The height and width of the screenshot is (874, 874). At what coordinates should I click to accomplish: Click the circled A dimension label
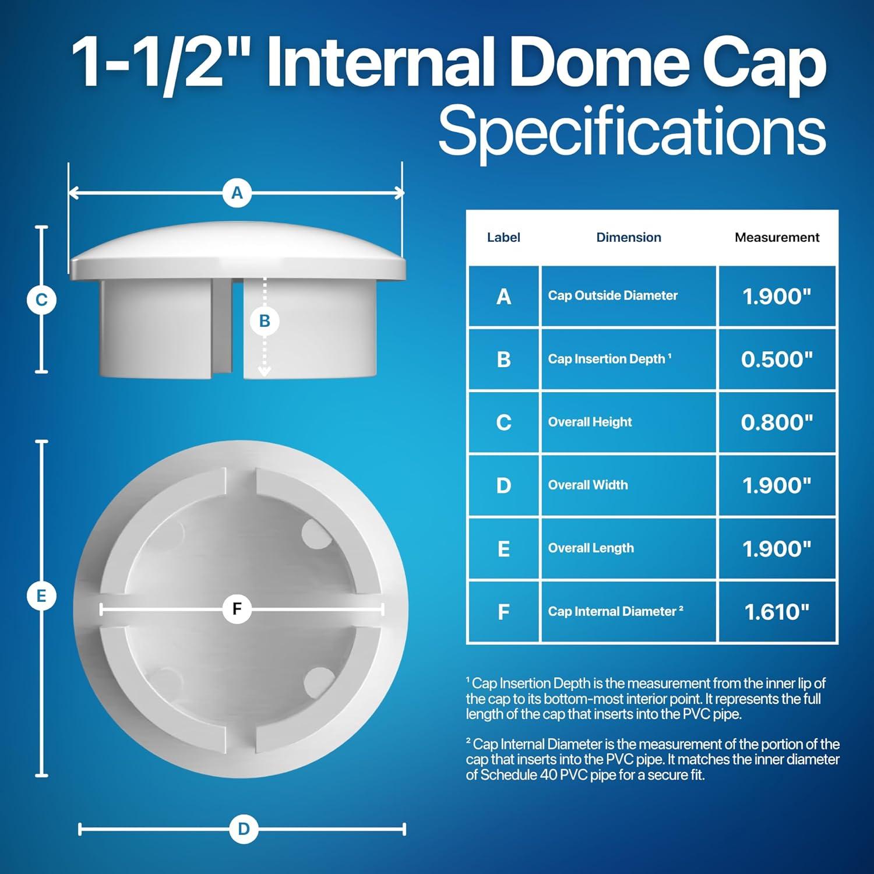pyautogui.click(x=237, y=193)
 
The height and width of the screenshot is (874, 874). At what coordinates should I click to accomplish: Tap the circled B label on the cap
pyautogui.click(x=265, y=321)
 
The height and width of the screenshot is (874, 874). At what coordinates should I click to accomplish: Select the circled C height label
pyautogui.click(x=41, y=300)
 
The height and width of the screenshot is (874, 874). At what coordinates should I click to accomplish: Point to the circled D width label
pyautogui.click(x=244, y=829)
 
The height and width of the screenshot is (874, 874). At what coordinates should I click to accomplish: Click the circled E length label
pyautogui.click(x=41, y=596)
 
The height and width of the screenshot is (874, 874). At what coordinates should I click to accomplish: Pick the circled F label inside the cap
pyautogui.click(x=237, y=609)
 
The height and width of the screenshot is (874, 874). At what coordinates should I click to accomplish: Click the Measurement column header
pyautogui.click(x=777, y=237)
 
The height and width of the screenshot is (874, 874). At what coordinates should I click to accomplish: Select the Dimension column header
pyautogui.click(x=628, y=237)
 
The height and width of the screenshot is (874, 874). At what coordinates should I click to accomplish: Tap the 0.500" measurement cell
pyautogui.click(x=777, y=360)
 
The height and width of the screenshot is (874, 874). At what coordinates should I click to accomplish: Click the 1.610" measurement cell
pyautogui.click(x=777, y=612)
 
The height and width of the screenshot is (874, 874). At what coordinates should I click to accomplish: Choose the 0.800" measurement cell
pyautogui.click(x=777, y=422)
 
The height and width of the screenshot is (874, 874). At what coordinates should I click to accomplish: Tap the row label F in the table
pyautogui.click(x=503, y=612)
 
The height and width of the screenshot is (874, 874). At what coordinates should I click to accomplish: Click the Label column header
pyautogui.click(x=503, y=237)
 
